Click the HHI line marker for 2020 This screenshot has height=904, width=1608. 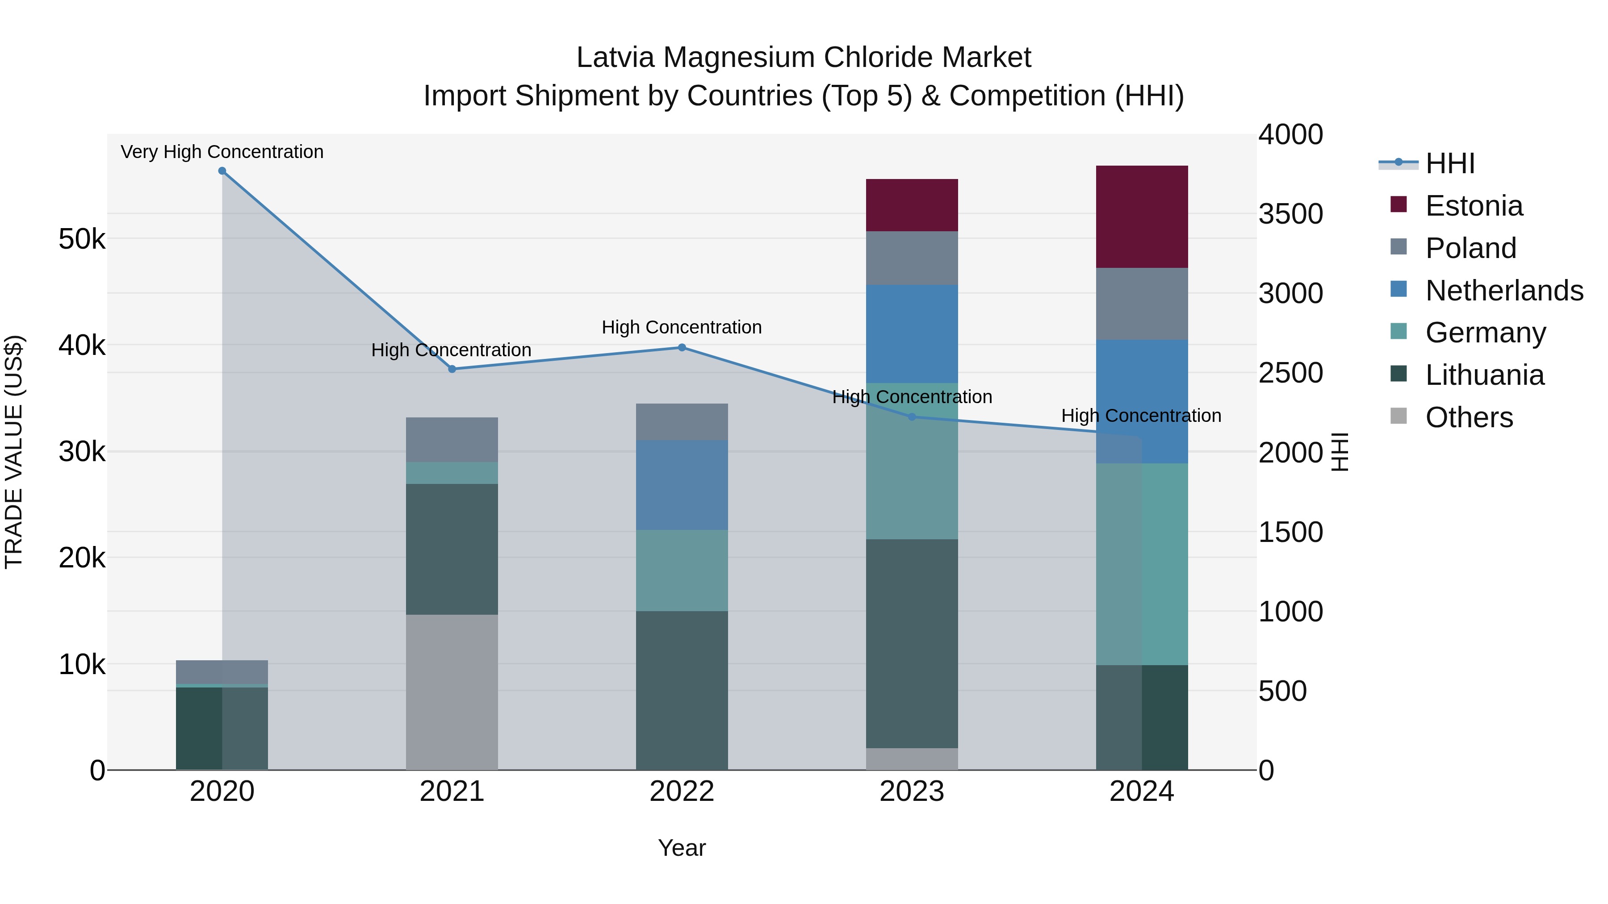(222, 171)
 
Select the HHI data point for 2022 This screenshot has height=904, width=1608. (682, 347)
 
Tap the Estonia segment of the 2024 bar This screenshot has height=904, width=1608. (1142, 217)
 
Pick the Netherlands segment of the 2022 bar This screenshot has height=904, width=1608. (682, 485)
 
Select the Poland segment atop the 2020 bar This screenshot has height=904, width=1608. (222, 671)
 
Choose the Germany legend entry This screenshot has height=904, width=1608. (1485, 333)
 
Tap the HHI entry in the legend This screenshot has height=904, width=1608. (1449, 163)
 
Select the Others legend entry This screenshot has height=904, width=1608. (1469, 417)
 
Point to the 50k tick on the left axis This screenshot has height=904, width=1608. (82, 239)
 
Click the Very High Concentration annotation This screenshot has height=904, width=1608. (222, 152)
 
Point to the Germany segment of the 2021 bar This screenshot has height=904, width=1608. (452, 473)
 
